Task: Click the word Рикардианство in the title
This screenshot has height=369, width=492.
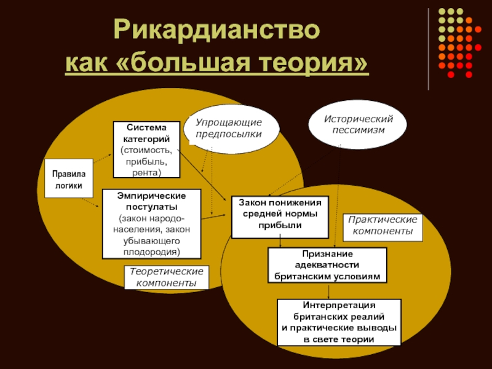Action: pyautogui.click(x=217, y=31)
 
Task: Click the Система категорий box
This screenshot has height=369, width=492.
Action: pyautogui.click(x=146, y=150)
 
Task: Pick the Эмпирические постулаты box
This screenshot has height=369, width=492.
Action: pyautogui.click(x=151, y=223)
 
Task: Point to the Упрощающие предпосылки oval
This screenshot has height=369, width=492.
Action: pyautogui.click(x=229, y=129)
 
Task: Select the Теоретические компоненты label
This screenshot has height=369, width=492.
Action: pyautogui.click(x=166, y=277)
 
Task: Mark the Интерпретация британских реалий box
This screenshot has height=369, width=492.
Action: pyautogui.click(x=339, y=322)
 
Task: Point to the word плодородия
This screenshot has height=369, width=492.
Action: pyautogui.click(x=151, y=252)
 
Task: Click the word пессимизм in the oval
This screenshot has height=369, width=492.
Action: pyautogui.click(x=358, y=130)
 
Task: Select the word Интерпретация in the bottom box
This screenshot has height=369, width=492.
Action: pyautogui.click(x=339, y=305)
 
